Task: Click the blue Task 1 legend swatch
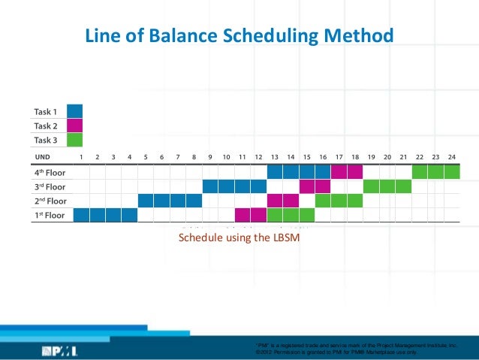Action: (x=74, y=112)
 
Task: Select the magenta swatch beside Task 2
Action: (x=74, y=126)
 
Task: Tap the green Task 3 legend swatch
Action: (x=74, y=139)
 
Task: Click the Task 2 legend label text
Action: (x=45, y=126)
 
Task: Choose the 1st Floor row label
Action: (x=50, y=215)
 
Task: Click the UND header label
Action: (x=42, y=156)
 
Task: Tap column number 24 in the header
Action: (x=452, y=156)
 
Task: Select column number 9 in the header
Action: (x=210, y=156)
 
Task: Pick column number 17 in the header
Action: (x=339, y=156)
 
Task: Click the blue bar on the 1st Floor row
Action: (x=105, y=215)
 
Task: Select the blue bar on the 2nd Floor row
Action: (x=170, y=201)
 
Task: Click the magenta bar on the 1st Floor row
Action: (x=250, y=215)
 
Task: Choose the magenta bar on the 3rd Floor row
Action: (x=315, y=186)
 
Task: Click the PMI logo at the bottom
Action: (x=59, y=350)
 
